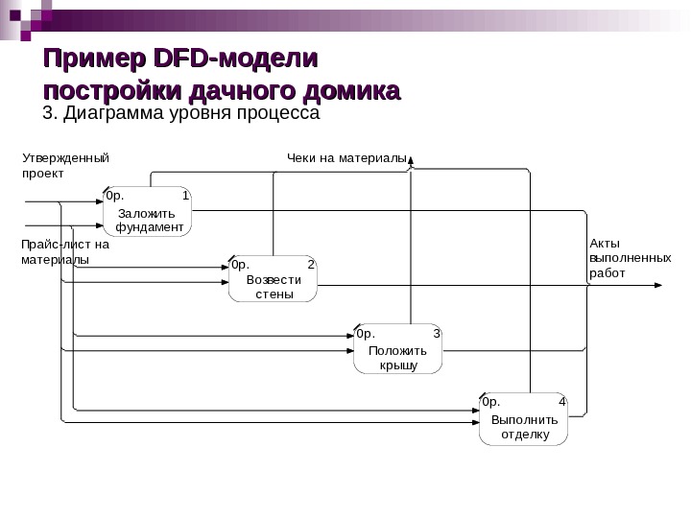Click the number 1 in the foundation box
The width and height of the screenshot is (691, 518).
point(185,196)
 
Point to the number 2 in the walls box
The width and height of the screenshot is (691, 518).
point(310,264)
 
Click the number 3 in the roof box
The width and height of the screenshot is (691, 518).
point(436,334)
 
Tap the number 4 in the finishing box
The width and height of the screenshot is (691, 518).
point(561,402)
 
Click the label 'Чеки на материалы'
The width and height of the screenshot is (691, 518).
point(346,156)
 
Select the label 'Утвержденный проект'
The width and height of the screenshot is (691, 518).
point(65,165)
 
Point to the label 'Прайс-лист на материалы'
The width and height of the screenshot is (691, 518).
point(65,251)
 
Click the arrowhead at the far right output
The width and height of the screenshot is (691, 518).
point(657,286)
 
